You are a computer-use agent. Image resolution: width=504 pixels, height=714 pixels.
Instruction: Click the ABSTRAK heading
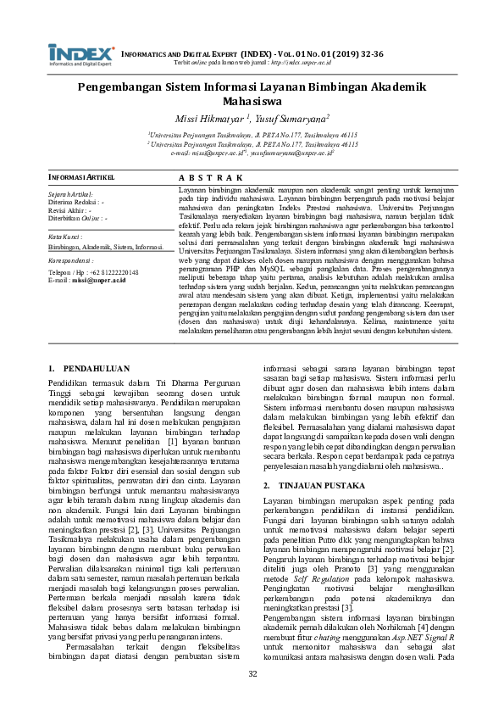click(x=211, y=176)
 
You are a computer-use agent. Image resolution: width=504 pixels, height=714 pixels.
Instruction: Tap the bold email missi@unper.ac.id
click(x=99, y=279)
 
